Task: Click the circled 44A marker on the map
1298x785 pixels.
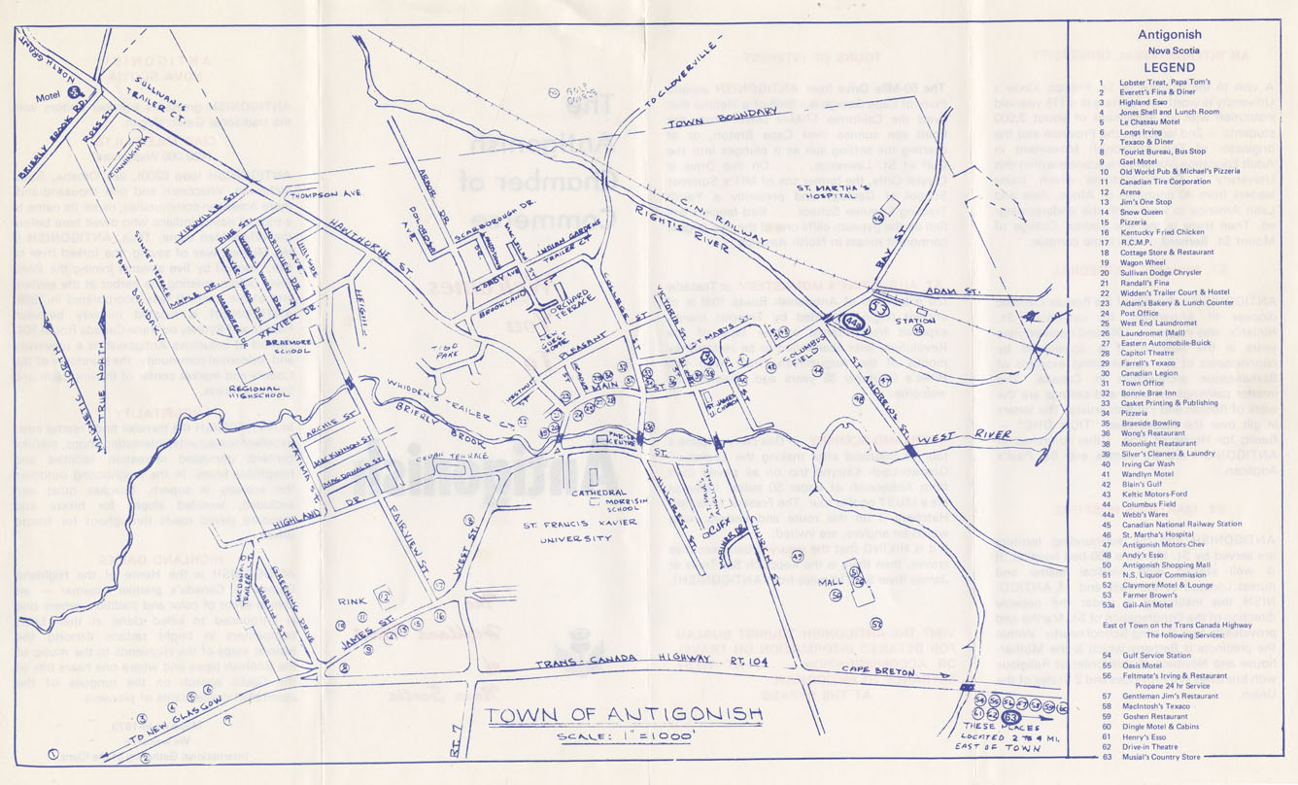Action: [854, 321]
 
